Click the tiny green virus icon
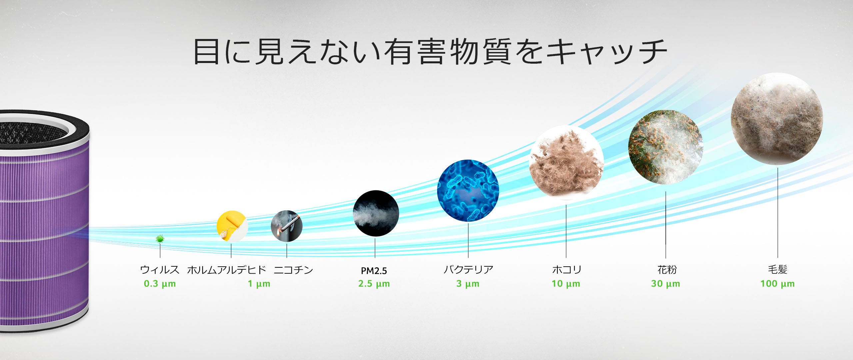point(160,239)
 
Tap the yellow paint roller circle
point(232,226)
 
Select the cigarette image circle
point(287,226)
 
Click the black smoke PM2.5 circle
point(376,213)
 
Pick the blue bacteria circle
point(468,191)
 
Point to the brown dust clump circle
point(566,163)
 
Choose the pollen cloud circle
point(666,147)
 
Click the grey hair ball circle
point(777,119)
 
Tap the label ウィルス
point(160,269)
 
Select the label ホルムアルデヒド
point(227,269)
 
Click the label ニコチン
point(294,269)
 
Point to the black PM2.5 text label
point(374,271)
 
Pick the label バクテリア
point(468,269)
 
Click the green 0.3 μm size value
point(160,284)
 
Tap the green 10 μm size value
point(566,284)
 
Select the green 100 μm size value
point(777,284)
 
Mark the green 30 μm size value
point(665,284)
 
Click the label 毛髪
point(778,269)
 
